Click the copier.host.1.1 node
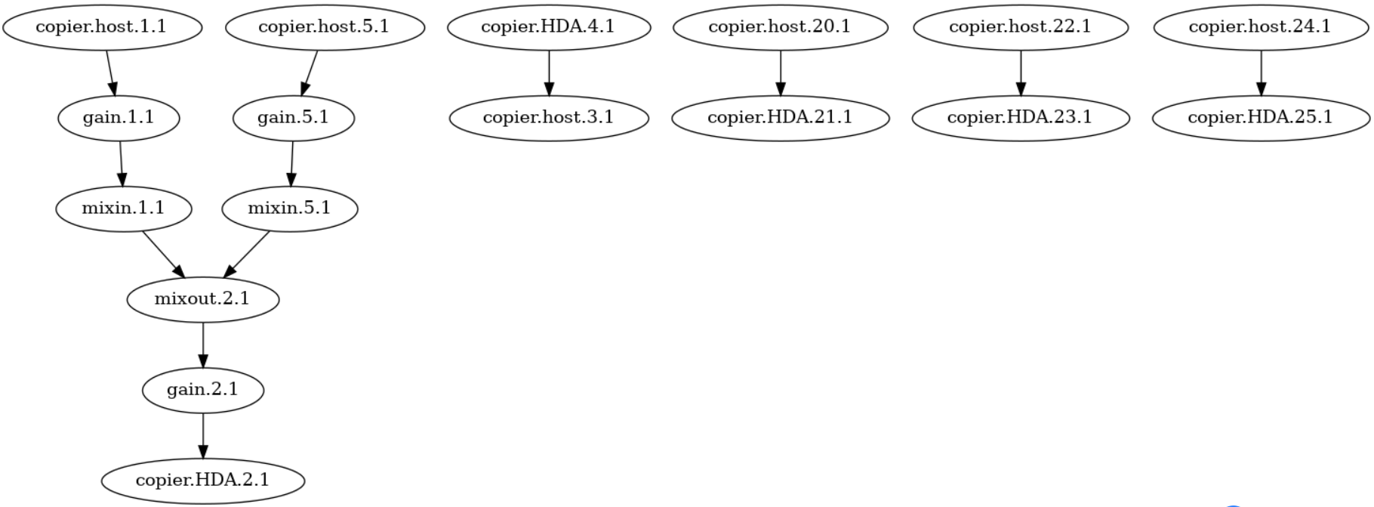(x=103, y=27)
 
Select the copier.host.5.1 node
(x=325, y=27)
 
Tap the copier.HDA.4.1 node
(x=549, y=27)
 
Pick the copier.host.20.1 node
(x=780, y=27)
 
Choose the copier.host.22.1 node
(x=1021, y=27)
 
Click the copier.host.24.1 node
(x=1261, y=27)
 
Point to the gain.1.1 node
(x=119, y=118)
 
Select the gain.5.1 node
(x=294, y=118)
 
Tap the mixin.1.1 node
(x=124, y=209)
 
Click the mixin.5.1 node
(x=290, y=209)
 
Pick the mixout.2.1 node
(x=203, y=299)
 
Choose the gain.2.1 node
(x=203, y=390)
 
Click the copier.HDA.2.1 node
(x=203, y=481)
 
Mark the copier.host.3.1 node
(x=549, y=118)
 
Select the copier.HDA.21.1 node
(x=780, y=118)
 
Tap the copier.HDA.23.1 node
(x=1021, y=118)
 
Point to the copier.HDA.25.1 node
(x=1261, y=118)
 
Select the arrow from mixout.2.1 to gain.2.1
(x=203, y=345)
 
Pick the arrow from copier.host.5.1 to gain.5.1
(x=310, y=73)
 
